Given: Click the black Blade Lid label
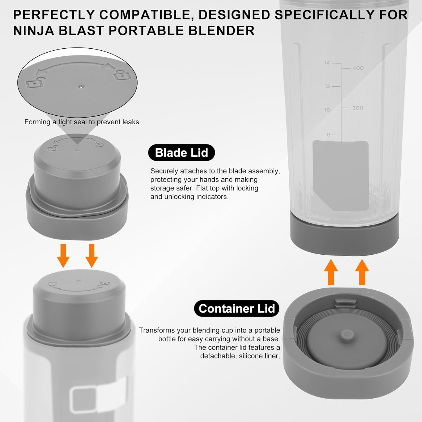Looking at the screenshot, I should [x=181, y=153].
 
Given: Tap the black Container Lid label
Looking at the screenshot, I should [x=237, y=309].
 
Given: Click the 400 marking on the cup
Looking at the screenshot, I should [x=358, y=68].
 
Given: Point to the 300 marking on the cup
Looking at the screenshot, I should [x=358, y=108].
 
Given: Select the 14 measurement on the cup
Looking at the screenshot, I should [x=327, y=63].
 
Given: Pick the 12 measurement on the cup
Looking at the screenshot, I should [x=327, y=86].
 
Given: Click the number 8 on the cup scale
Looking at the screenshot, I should [x=328, y=135].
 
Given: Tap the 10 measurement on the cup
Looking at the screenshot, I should [x=327, y=110].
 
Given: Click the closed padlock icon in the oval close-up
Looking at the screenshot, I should [x=122, y=75].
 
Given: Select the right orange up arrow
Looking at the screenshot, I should [x=362, y=272].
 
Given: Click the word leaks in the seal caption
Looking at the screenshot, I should [x=132, y=122].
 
